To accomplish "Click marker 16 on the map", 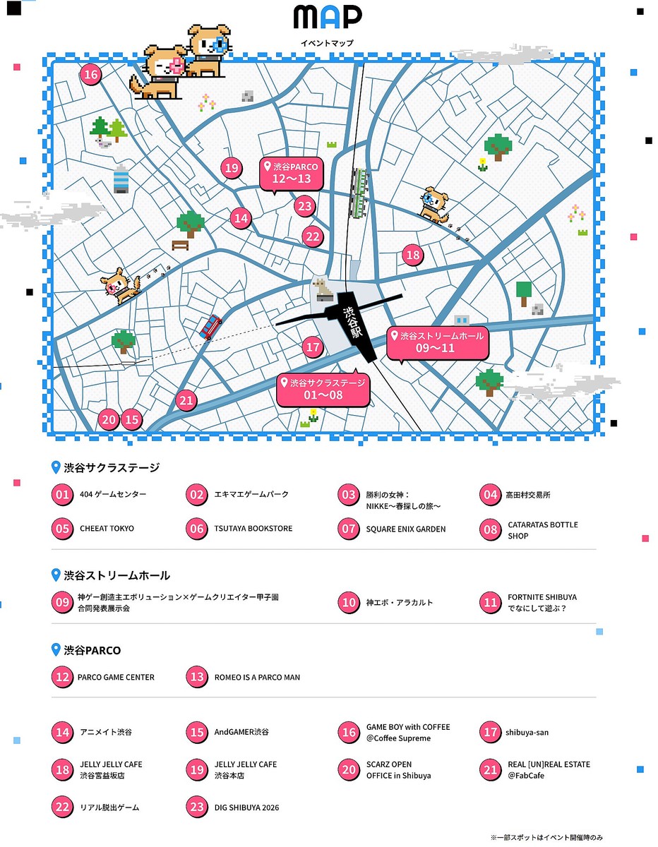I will coord(90,75).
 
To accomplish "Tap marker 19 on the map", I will coord(231,168).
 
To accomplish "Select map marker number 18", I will coord(413,256).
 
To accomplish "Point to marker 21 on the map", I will coord(186,401).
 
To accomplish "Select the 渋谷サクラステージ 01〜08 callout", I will coord(323,389).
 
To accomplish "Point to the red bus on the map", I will coord(210,327).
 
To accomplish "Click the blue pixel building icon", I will coord(121,179).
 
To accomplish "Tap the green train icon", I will coord(361,192).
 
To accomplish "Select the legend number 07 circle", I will coord(349,529).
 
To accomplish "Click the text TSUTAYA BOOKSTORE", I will coord(253,529).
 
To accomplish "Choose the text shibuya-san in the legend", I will coord(527,733).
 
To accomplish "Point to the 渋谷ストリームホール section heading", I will coord(116,576).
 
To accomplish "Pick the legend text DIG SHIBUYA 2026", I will coord(247,807).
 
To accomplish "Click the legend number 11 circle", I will coord(490,603).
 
